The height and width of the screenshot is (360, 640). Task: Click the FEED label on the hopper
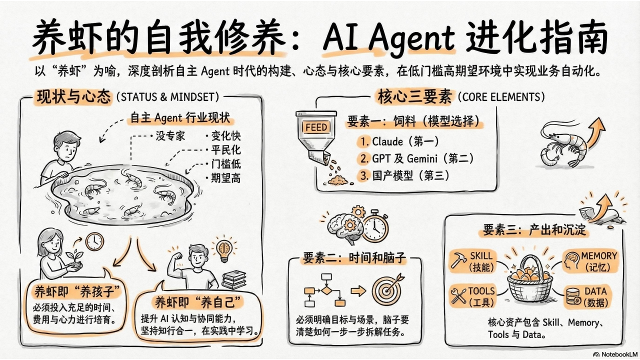coord(316,127)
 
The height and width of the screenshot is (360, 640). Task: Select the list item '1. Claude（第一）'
coord(399,141)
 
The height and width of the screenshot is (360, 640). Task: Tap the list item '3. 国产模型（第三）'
coord(404,175)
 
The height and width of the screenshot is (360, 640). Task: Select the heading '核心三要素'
coord(414,96)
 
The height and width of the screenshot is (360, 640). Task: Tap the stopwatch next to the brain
coord(375,226)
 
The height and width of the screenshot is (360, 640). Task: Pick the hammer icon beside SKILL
coord(458,260)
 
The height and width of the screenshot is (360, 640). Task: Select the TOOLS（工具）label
coord(481,296)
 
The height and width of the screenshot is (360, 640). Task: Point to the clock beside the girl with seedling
coord(94,241)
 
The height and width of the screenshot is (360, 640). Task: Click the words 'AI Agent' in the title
coord(389,36)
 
